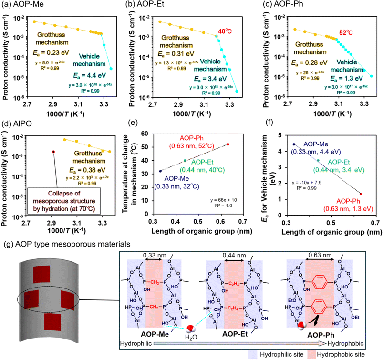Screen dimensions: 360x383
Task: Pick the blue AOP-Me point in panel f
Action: click(x=294, y=144)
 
